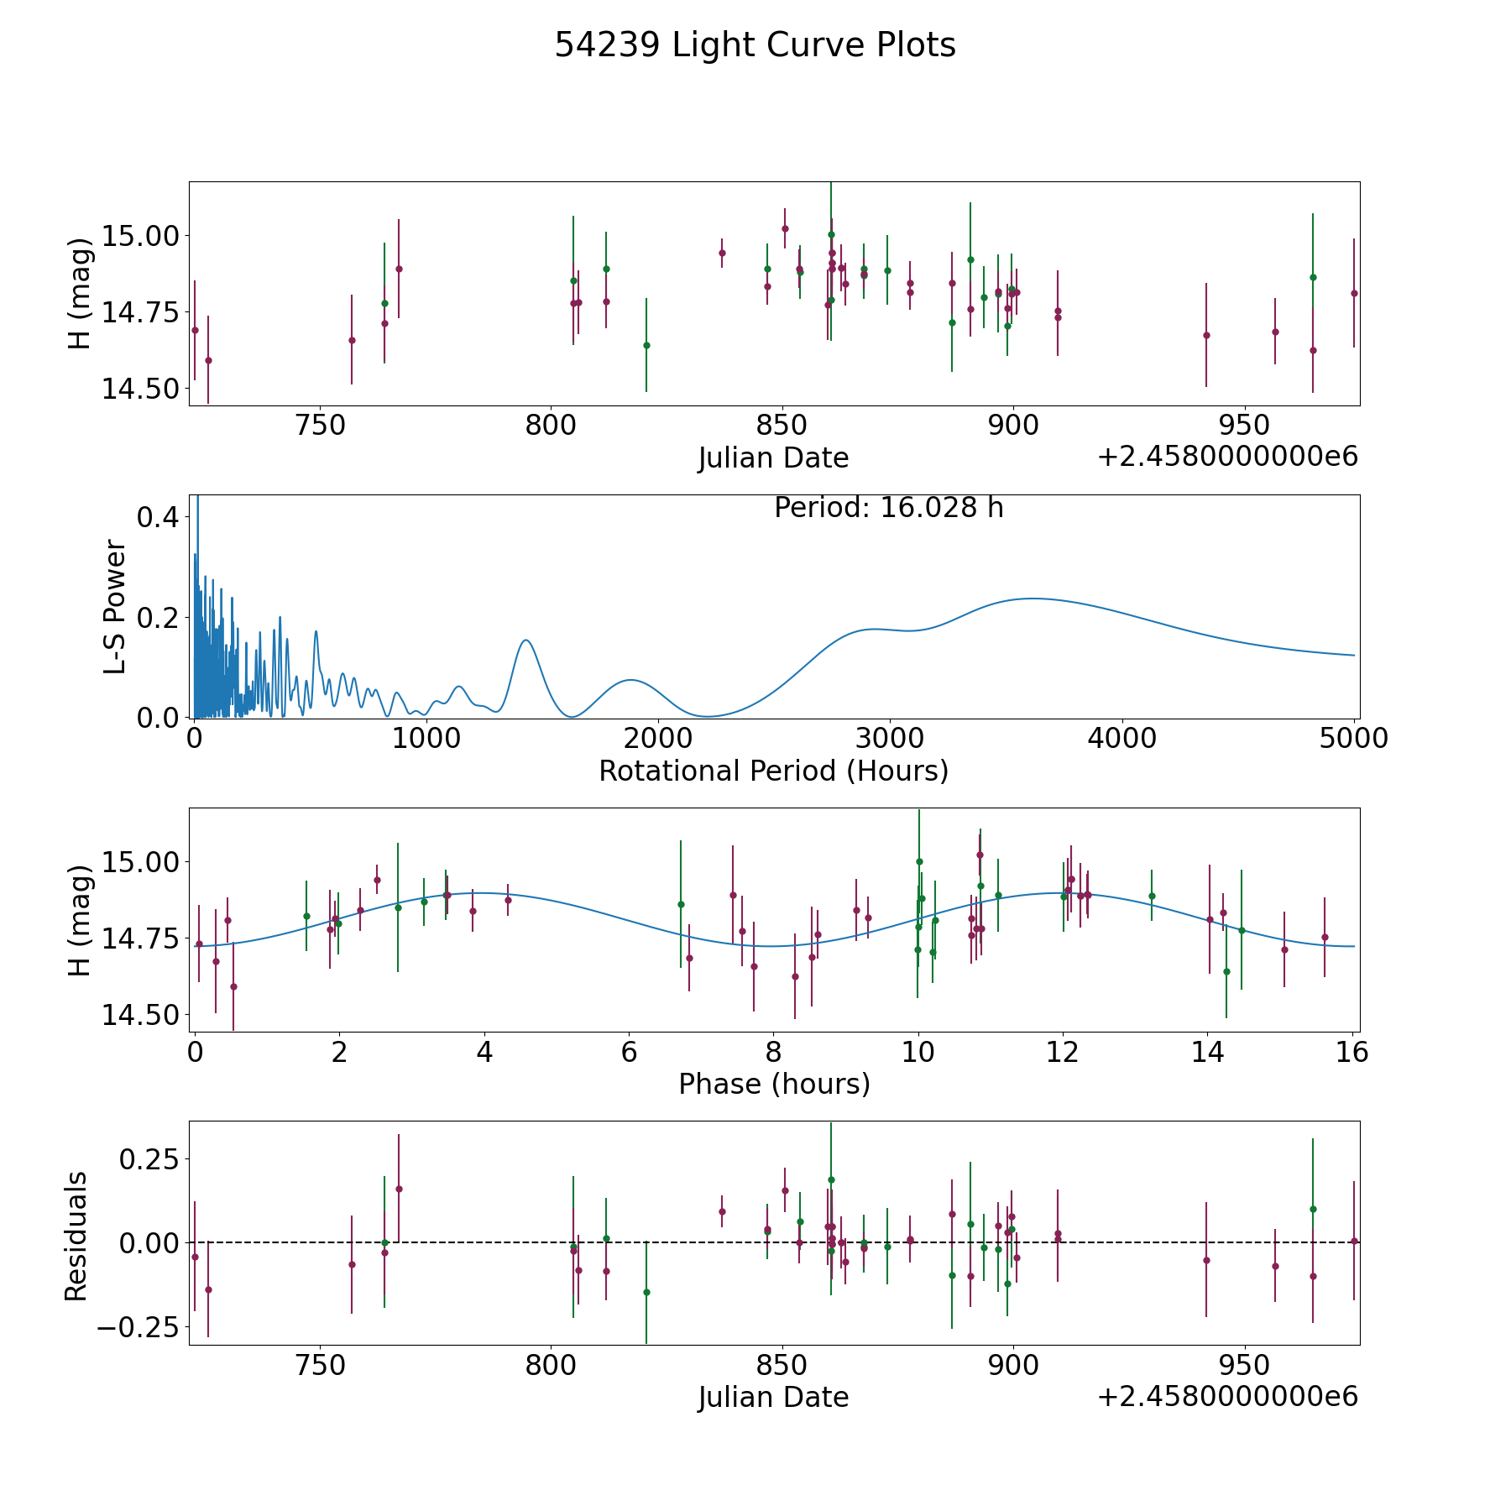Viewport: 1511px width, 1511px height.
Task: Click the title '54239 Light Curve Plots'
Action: [x=755, y=45]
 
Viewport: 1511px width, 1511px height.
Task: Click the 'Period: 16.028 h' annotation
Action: [x=888, y=508]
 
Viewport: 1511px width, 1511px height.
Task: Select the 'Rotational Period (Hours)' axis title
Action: [x=773, y=771]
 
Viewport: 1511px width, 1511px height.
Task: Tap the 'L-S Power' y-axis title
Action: [x=115, y=607]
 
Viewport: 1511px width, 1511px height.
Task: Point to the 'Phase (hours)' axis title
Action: [x=774, y=1084]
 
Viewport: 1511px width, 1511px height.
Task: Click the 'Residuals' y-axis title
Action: [x=76, y=1236]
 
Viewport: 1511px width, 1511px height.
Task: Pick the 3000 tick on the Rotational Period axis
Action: [x=889, y=739]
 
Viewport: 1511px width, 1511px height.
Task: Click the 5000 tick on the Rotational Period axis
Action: [x=1353, y=739]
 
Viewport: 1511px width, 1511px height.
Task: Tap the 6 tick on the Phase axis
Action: [x=629, y=1052]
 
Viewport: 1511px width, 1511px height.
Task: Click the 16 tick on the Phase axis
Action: [x=1352, y=1052]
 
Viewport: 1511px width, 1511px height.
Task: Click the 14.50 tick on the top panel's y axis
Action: [x=139, y=390]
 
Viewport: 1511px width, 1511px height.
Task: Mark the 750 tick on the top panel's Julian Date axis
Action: [x=322, y=426]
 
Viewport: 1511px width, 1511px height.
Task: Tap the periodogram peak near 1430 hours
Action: [x=525, y=640]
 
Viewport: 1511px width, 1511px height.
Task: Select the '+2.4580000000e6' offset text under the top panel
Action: [x=1227, y=457]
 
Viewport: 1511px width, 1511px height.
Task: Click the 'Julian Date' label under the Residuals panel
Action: [x=773, y=1398]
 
